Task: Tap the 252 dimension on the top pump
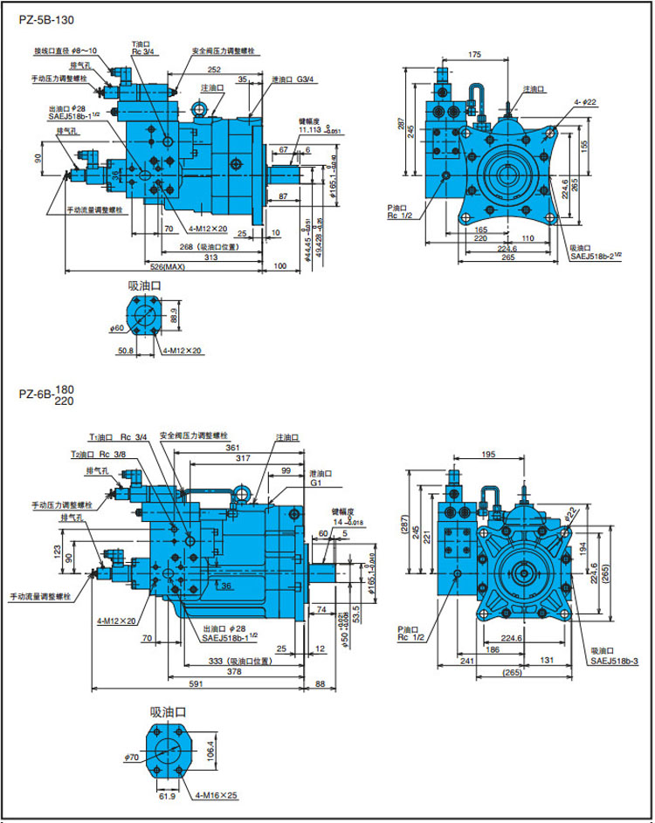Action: (213, 69)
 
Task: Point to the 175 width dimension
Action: (474, 55)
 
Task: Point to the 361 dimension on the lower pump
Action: (233, 447)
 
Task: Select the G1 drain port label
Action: (317, 482)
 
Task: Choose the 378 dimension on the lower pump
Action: (230, 672)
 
